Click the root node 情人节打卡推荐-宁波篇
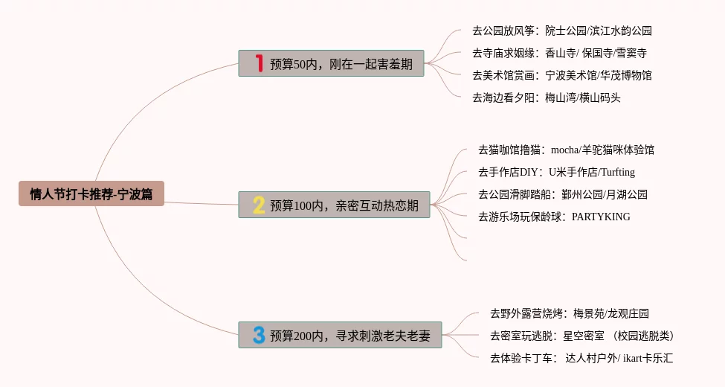tap(91, 194)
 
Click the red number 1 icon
tap(259, 63)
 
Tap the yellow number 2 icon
tap(258, 205)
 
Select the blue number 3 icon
tap(258, 335)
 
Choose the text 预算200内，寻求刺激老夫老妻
tap(350, 336)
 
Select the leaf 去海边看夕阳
tap(546, 97)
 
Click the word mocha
tap(564, 150)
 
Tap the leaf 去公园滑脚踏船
tap(562, 194)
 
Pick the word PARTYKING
tap(601, 217)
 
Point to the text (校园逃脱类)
tap(644, 336)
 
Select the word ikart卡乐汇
tap(648, 358)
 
